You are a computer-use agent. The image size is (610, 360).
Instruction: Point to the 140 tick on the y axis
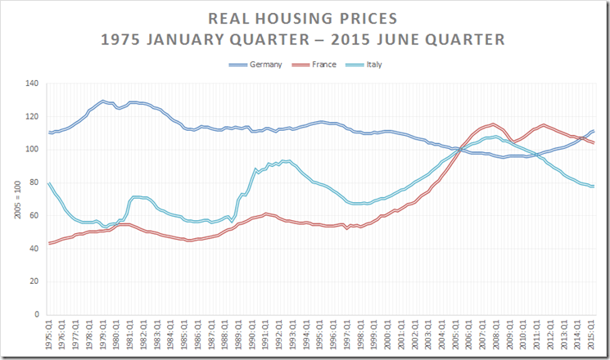pos(32,83)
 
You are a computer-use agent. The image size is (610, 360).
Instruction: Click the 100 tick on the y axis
pos(32,150)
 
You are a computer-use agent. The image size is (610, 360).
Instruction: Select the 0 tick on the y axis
pos(37,314)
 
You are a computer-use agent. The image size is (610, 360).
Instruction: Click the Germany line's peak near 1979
pos(103,101)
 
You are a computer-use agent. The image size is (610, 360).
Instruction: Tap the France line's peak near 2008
pos(493,124)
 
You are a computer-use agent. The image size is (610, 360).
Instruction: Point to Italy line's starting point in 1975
pos(49,182)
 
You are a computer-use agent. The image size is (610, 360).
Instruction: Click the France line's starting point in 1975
pos(49,243)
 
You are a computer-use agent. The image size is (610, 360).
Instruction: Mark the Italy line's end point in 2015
pos(594,187)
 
